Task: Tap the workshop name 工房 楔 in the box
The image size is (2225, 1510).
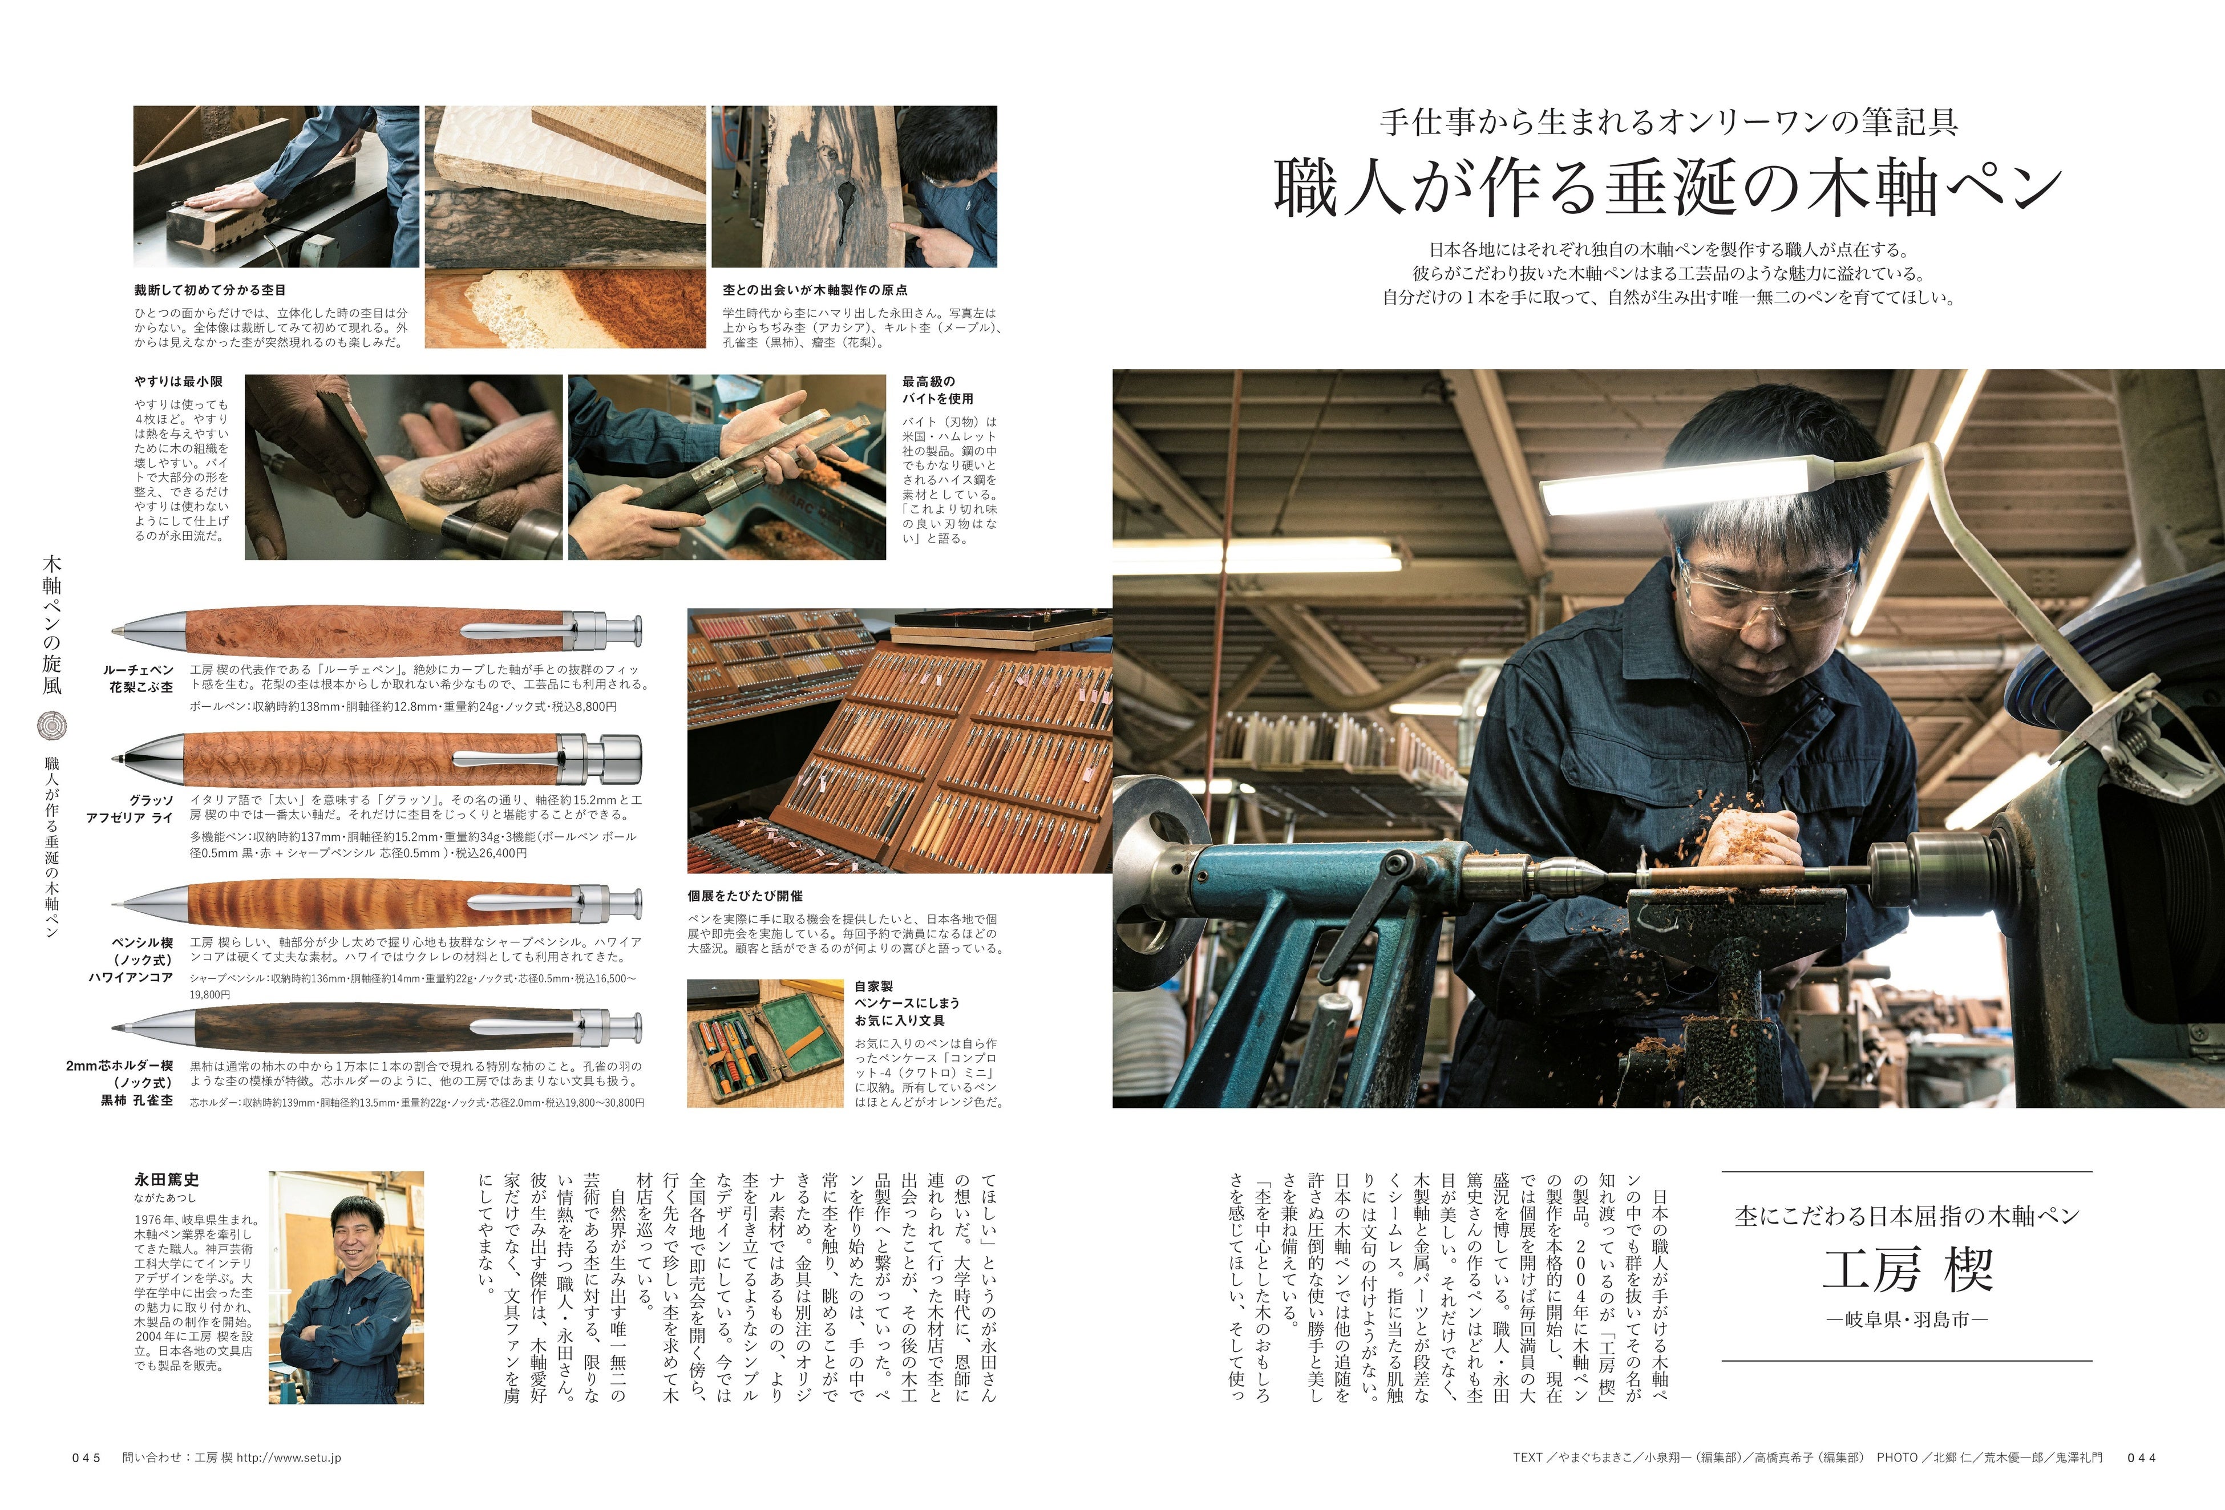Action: pyautogui.click(x=1907, y=1270)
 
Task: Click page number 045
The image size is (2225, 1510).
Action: pyautogui.click(x=86, y=1458)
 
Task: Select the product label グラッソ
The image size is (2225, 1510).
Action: pyautogui.click(x=151, y=800)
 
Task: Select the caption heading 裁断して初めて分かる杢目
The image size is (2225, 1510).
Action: pyautogui.click(x=210, y=289)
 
